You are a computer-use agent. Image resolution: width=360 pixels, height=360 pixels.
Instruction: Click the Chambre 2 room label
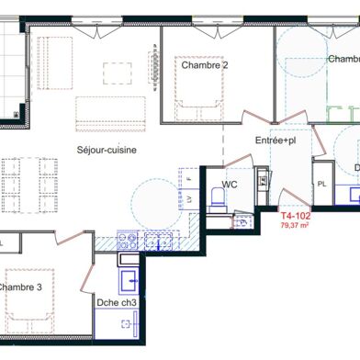coord(204,65)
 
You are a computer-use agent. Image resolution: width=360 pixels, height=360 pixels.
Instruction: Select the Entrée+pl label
coord(275,141)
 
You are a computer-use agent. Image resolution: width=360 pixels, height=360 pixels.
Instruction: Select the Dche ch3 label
coord(118,302)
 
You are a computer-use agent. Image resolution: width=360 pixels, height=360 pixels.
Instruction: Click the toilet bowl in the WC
coord(217,194)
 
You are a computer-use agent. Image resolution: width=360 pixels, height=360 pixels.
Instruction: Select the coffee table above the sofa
coord(118,73)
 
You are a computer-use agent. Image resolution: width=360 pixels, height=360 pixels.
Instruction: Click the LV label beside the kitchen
coord(188,199)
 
